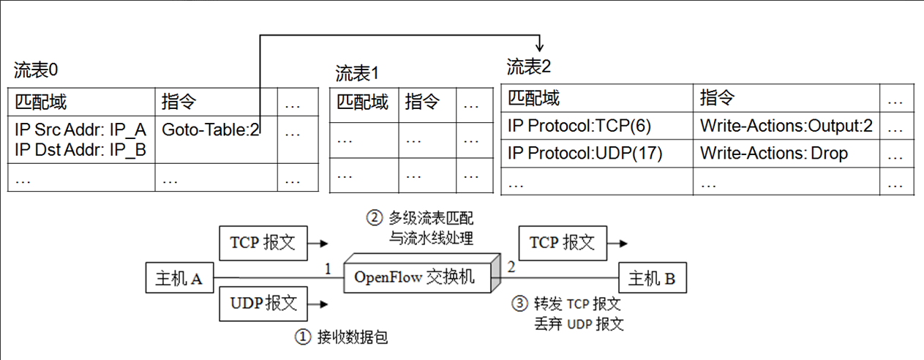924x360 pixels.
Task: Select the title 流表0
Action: (36, 70)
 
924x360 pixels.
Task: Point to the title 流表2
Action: (529, 67)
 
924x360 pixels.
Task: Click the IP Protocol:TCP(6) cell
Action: (579, 127)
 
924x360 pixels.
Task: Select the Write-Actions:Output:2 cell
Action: (786, 127)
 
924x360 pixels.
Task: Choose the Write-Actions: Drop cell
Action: (773, 154)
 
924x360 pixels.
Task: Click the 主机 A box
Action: (179, 278)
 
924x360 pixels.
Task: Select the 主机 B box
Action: (651, 278)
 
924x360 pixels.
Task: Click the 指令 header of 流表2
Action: (717, 98)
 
